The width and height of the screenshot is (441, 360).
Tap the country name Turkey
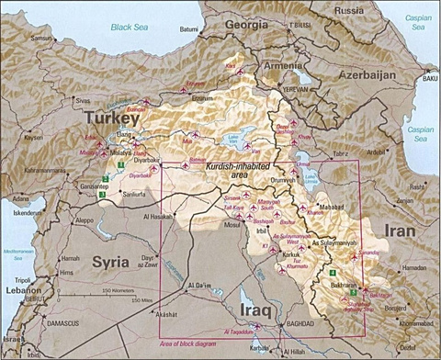click(x=108, y=118)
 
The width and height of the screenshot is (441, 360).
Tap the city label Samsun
click(x=42, y=39)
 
